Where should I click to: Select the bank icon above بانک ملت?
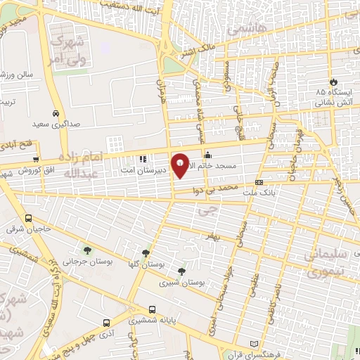pyautogui.click(x=259, y=181)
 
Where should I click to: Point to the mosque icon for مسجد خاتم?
pyautogui.click(x=207, y=156)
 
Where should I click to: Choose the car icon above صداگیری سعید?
pyautogui.click(x=55, y=113)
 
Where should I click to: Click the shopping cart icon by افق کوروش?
pyautogui.click(x=36, y=160)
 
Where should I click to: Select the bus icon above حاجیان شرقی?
pyautogui.click(x=29, y=218)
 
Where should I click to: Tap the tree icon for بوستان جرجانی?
pyautogui.click(x=87, y=250)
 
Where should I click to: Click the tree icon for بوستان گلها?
pyautogui.click(x=146, y=253)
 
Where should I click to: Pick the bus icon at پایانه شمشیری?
pyautogui.click(x=152, y=309)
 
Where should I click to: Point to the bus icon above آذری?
pyautogui.click(x=107, y=323)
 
